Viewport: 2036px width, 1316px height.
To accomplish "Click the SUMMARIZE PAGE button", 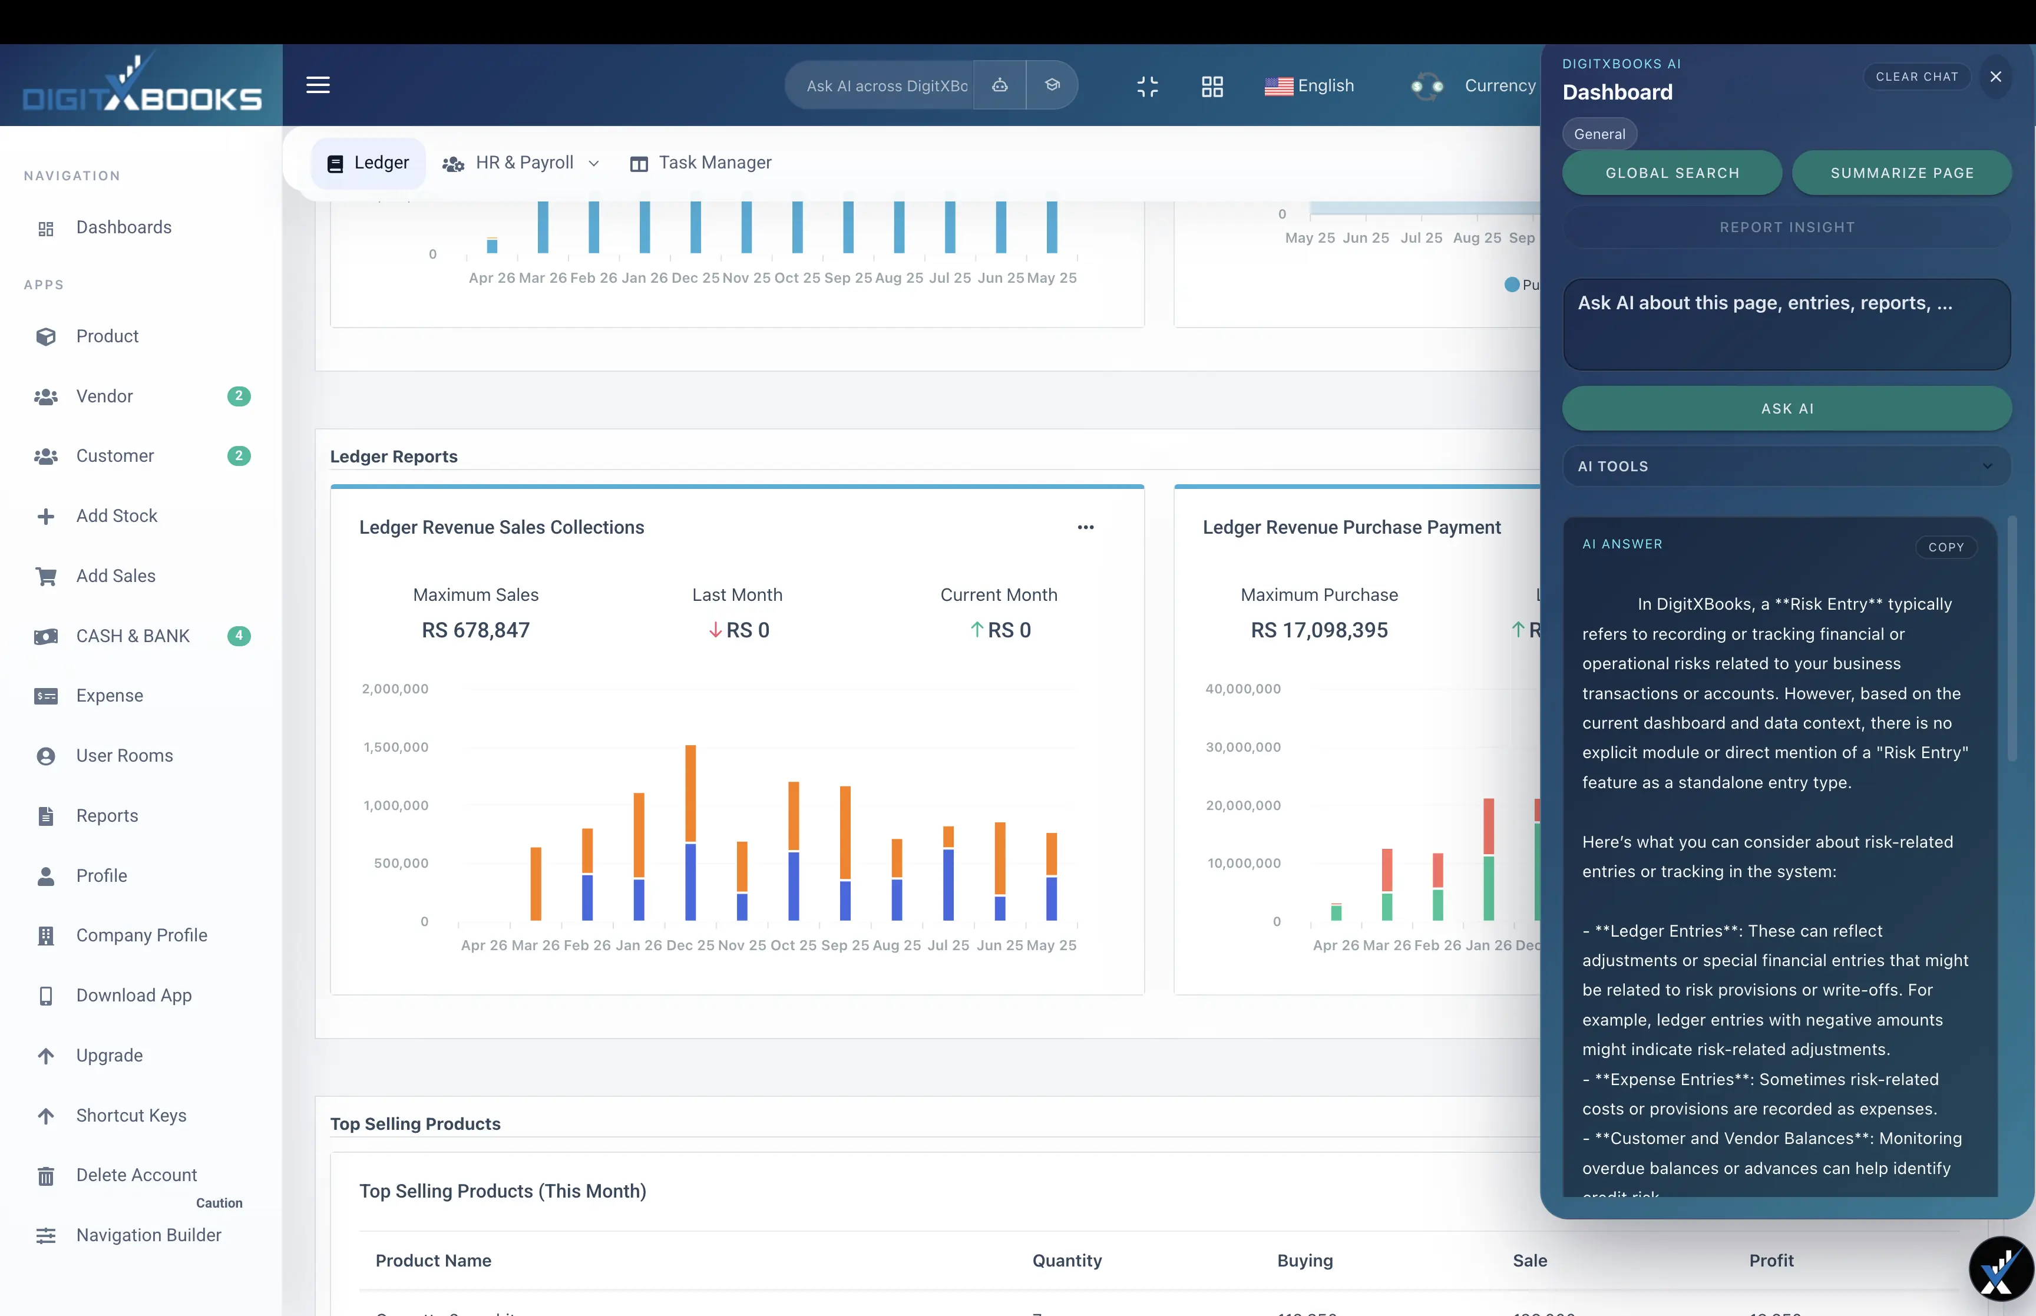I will click(1901, 173).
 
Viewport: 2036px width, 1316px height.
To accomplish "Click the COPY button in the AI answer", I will click(1945, 547).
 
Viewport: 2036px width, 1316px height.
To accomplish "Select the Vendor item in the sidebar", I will click(104, 396).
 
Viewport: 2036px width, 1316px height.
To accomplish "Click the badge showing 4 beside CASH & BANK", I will click(239, 636).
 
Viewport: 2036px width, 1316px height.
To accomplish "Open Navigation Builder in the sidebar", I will click(148, 1235).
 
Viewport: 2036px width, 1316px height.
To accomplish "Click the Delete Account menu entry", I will click(136, 1175).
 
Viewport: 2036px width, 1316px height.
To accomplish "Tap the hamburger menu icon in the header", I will click(318, 85).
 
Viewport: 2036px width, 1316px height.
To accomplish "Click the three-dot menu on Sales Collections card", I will click(1085, 527).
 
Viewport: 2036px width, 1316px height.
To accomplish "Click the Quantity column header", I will click(1066, 1261).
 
